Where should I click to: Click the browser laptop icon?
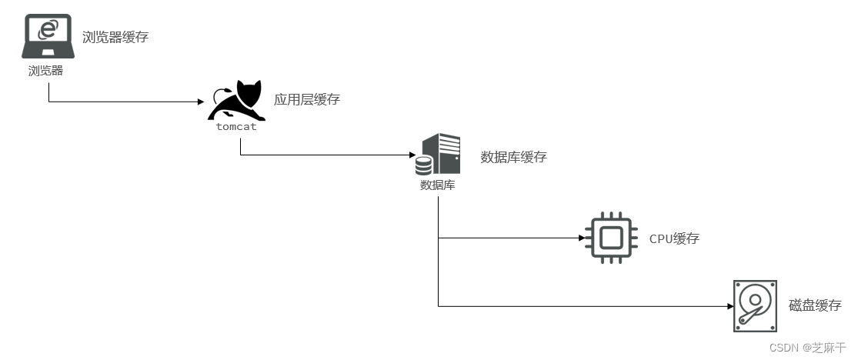(48, 37)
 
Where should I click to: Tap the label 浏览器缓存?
(114, 36)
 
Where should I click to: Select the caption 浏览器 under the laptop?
(45, 71)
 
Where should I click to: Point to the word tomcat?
(236, 126)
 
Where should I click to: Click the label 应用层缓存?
(307, 99)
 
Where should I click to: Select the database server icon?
(438, 154)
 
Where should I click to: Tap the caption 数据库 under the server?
(437, 185)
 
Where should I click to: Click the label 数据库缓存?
(513, 157)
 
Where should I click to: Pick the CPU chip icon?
(611, 238)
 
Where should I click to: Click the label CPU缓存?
(674, 238)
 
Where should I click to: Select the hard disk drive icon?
(755, 305)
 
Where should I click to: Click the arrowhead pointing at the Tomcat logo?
(200, 102)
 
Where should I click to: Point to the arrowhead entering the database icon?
(411, 155)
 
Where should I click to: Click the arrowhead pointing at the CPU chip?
(581, 238)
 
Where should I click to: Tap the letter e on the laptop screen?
(48, 30)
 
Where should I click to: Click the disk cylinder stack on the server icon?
(423, 165)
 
